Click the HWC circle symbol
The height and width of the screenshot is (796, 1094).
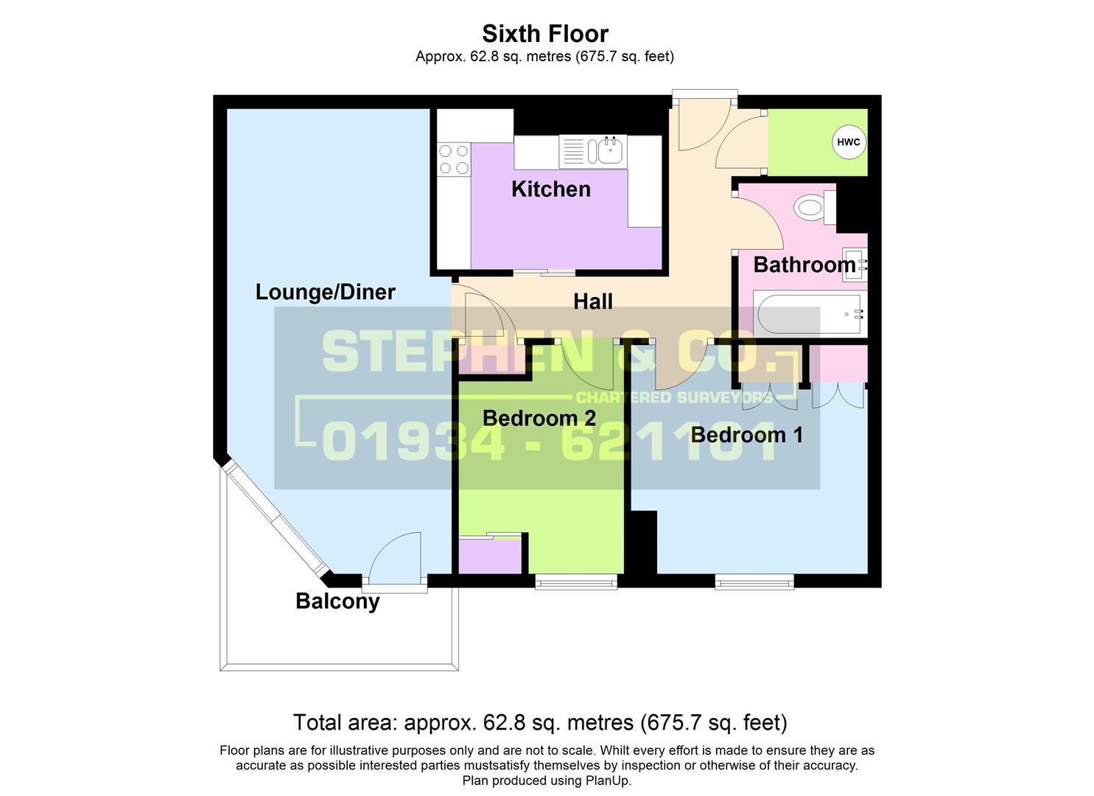point(848,142)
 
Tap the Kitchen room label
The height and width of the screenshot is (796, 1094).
point(551,189)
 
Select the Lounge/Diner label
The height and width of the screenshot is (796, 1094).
point(325,292)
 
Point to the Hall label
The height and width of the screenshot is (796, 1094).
point(593,301)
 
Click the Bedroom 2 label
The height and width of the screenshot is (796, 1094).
point(539,419)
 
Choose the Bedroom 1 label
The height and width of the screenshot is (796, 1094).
point(746,435)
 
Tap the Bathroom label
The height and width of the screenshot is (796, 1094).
point(804,265)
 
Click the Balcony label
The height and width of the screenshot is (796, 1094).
point(337,601)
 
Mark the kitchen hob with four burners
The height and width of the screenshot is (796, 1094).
point(453,159)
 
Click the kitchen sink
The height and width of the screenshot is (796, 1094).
point(609,151)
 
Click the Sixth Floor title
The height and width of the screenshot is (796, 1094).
point(545,34)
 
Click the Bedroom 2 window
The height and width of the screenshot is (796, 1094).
point(576,582)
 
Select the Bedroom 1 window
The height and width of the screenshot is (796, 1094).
point(754,582)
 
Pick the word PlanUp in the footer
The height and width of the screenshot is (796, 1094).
point(608,781)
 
